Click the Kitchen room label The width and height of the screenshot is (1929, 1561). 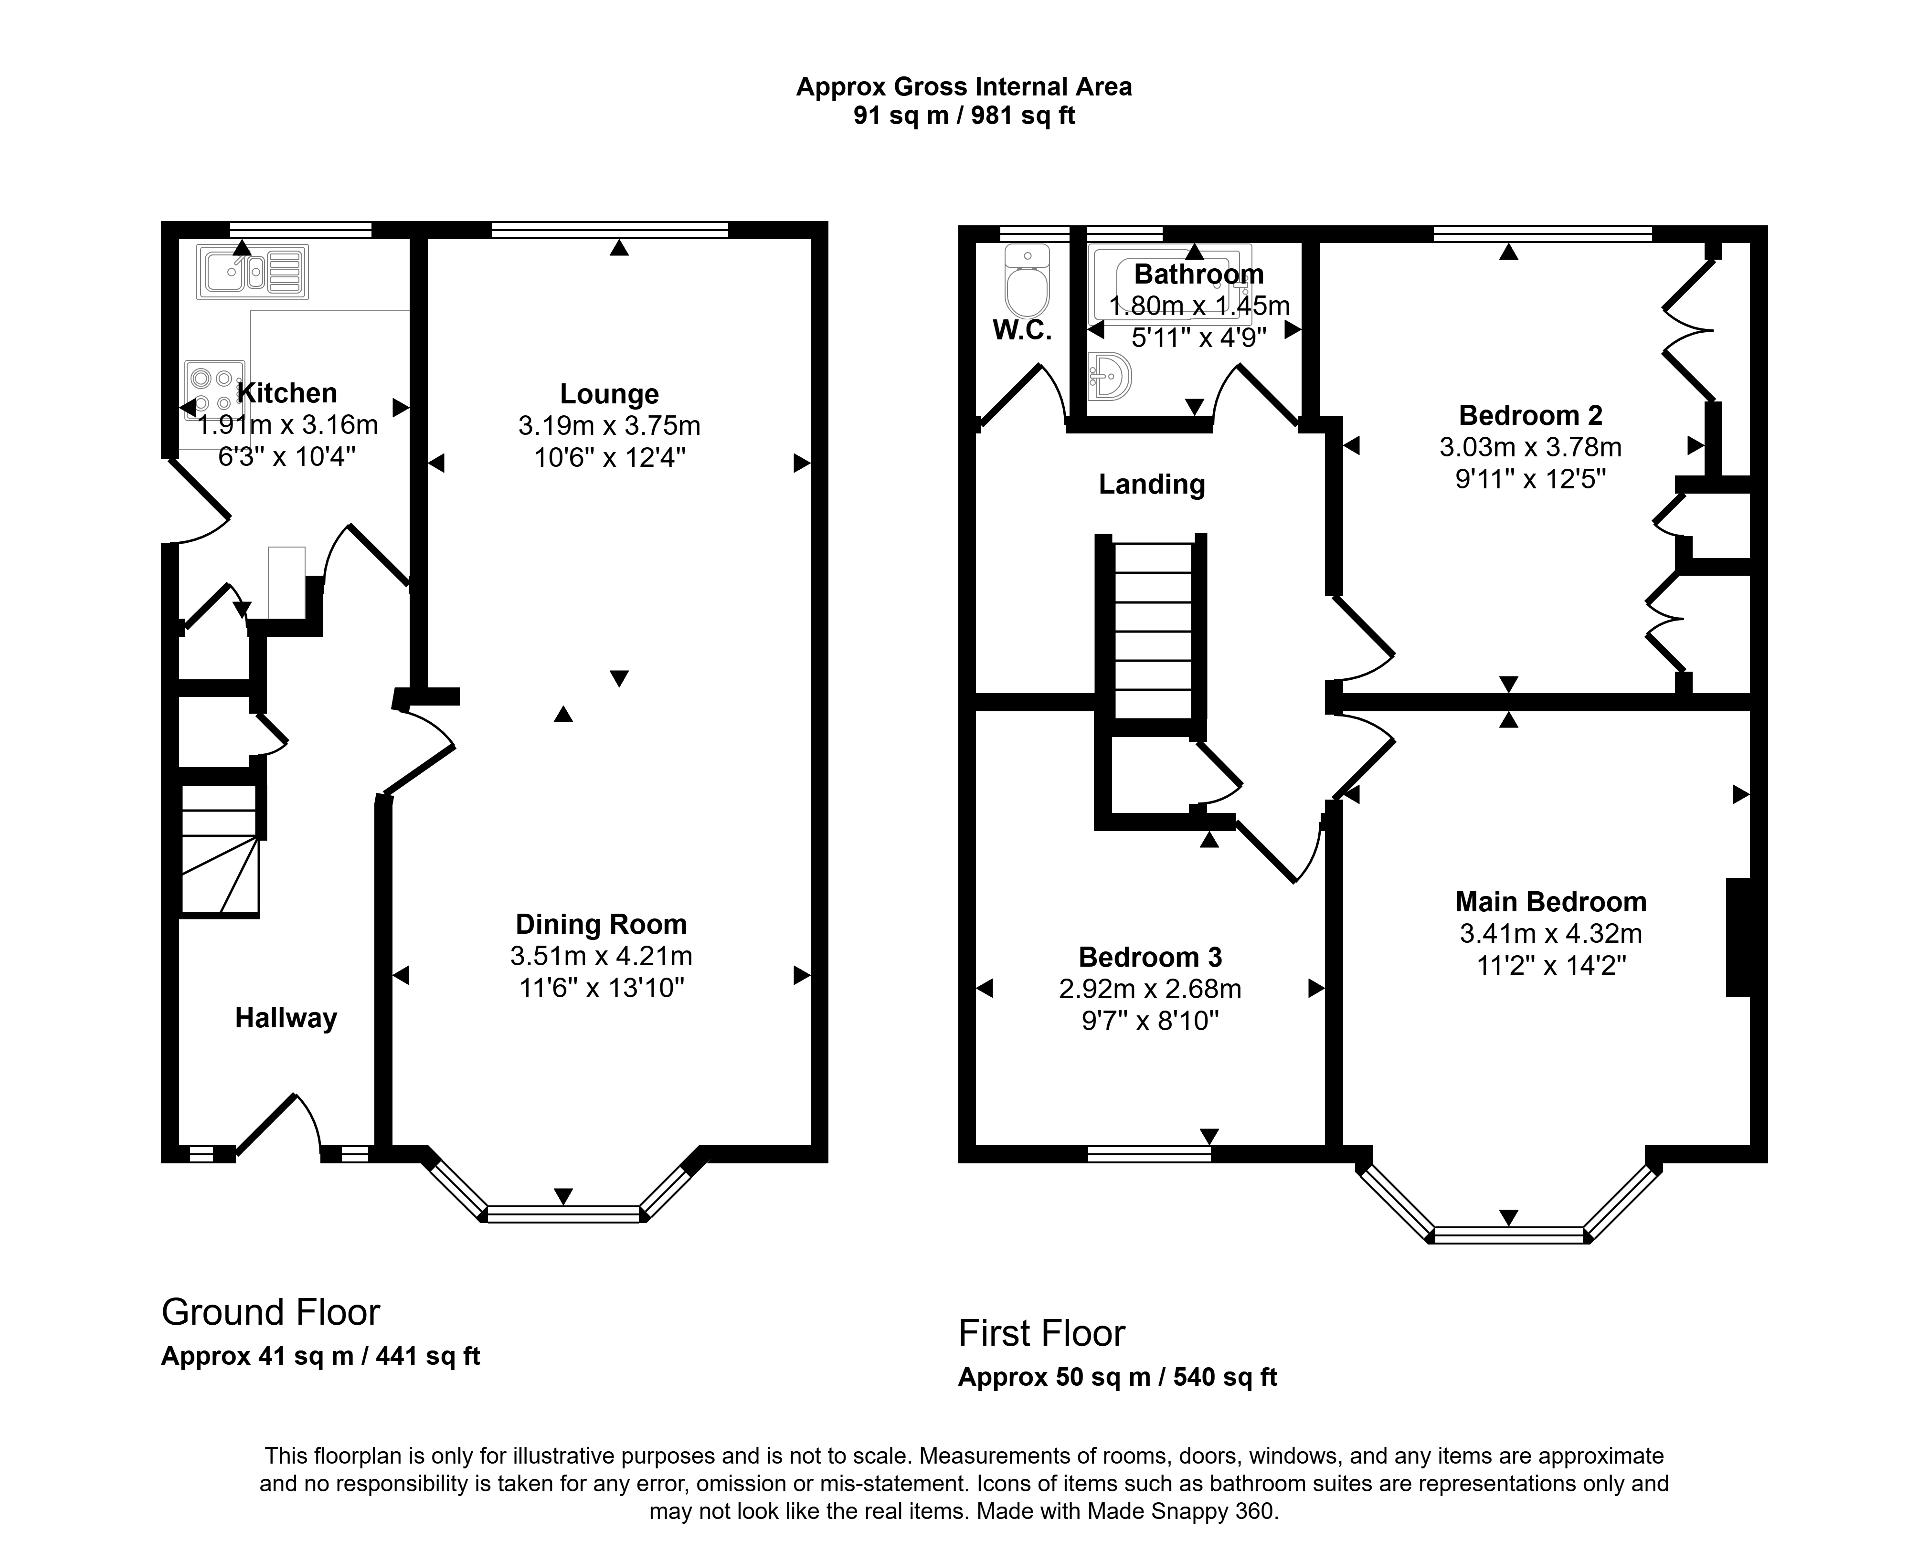pos(287,393)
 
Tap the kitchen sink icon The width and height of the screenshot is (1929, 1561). pos(253,272)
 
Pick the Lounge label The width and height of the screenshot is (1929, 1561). pos(610,394)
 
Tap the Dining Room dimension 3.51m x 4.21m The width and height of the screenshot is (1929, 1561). pos(602,956)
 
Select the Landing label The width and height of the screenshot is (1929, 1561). pos(1152,485)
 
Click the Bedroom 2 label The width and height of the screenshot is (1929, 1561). pos(1531,415)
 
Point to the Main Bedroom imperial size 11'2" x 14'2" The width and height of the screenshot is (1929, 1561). pos(1551,966)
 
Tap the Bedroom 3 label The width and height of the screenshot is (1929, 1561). pos(1150,957)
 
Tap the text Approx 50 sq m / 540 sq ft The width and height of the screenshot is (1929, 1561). pos(1118,1378)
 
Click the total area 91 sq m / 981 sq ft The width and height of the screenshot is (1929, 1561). pos(964,116)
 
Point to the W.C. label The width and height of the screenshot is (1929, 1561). pos(1022,331)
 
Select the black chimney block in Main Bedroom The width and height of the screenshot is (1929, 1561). pos(1738,937)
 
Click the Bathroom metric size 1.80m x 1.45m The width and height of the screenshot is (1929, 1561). pos(1200,306)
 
